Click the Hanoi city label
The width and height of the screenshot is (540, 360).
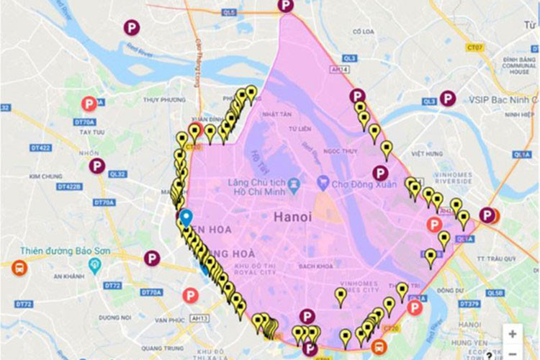(x=292, y=216)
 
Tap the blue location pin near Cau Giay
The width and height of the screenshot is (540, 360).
(x=186, y=217)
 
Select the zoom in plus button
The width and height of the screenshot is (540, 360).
(x=512, y=334)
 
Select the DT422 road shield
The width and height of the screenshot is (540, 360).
(x=41, y=148)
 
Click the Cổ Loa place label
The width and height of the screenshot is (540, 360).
(x=361, y=32)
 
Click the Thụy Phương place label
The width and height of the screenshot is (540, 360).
(x=160, y=100)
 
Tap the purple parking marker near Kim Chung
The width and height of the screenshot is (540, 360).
(x=97, y=166)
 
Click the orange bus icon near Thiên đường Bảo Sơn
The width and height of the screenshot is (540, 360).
(x=19, y=269)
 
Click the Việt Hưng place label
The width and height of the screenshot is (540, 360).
(x=426, y=153)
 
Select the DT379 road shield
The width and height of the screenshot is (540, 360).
(x=469, y=304)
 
